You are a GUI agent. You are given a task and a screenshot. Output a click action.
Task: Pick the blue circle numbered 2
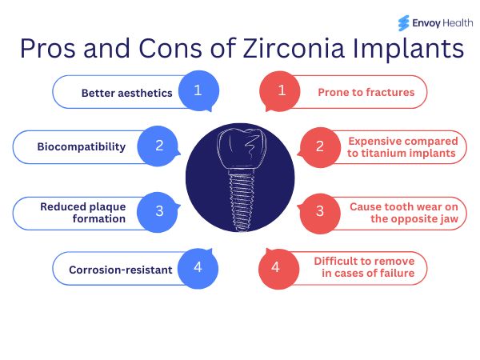(x=159, y=146)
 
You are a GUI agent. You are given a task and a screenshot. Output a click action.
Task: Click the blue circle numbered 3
(x=159, y=211)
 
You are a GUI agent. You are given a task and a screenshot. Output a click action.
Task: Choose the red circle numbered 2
(x=320, y=146)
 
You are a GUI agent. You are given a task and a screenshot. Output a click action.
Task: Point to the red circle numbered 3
(x=320, y=211)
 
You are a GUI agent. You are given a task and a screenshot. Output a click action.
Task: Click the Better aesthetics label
(x=126, y=93)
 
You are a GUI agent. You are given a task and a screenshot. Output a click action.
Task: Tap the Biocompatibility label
(x=82, y=147)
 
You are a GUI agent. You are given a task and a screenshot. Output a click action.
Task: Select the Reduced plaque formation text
(x=83, y=212)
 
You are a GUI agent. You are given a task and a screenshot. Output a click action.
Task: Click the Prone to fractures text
(x=366, y=92)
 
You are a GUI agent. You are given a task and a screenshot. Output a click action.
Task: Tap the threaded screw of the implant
(x=240, y=200)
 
